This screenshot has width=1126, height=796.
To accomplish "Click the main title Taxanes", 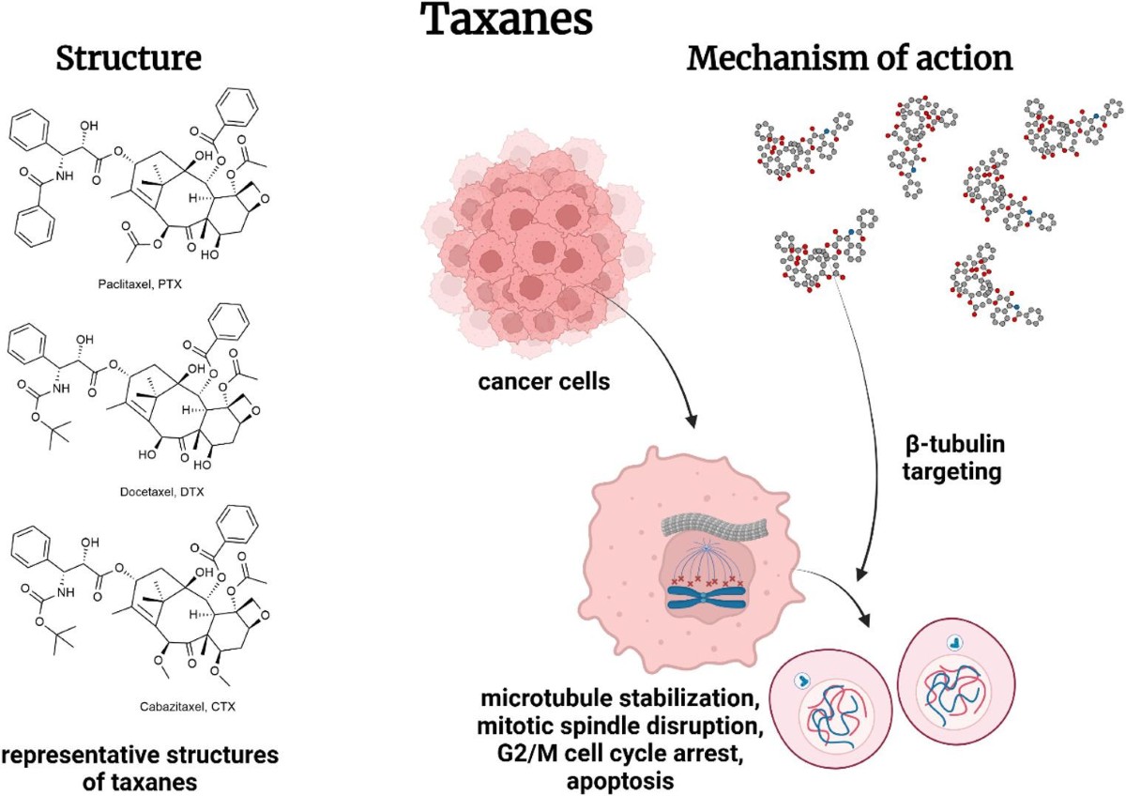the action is tap(506, 19).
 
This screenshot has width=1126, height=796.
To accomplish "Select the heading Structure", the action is tap(129, 58).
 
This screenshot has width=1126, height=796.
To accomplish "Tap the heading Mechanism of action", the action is tap(849, 58).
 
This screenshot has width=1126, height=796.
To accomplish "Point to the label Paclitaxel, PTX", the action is tap(140, 284).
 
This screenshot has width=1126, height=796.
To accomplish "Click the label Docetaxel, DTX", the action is tap(161, 491).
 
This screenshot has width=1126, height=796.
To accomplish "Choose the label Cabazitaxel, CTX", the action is tap(188, 707).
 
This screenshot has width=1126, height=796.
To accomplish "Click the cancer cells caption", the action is tap(544, 382).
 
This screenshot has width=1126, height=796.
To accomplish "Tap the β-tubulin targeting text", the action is tap(952, 458).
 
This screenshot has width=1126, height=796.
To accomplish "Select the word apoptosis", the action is tap(620, 781).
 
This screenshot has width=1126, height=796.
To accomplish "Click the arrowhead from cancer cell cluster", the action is tap(692, 421).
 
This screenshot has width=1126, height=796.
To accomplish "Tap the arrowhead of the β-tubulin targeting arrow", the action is tap(861, 573).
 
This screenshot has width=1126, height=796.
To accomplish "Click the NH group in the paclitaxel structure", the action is tap(64, 176).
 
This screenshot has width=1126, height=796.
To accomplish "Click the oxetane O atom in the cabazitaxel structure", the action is tap(265, 615).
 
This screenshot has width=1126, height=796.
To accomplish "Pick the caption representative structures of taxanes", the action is tap(140, 769).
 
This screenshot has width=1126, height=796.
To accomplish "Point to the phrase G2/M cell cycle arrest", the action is tap(620, 754).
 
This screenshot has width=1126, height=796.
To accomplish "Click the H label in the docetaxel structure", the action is tap(186, 410).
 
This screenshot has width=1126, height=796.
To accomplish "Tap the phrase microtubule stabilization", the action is tap(620, 699).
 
